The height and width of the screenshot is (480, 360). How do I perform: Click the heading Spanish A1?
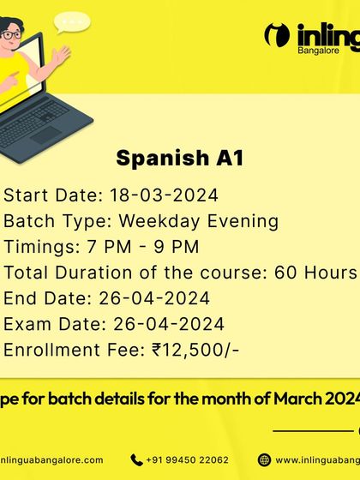[x=179, y=159]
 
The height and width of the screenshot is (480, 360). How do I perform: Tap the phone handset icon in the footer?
[x=136, y=459]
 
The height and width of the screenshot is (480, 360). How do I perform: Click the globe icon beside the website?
[x=264, y=459]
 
